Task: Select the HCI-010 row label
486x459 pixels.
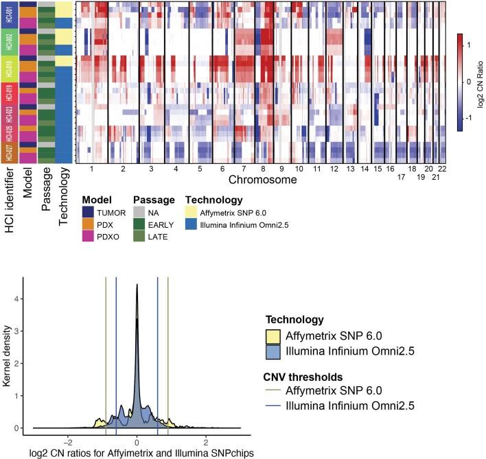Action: tap(8, 69)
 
